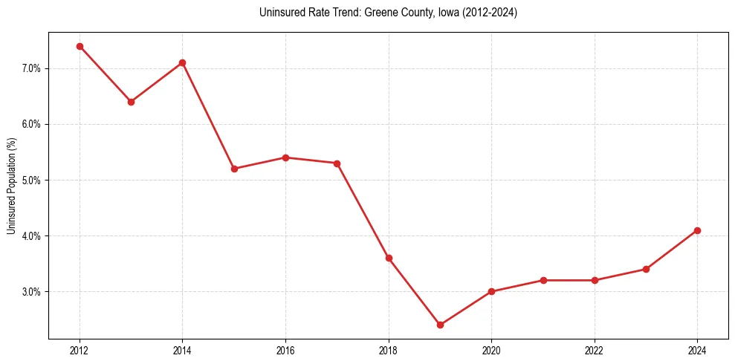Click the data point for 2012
[80, 46]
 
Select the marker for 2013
[131, 102]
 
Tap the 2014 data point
[182, 62]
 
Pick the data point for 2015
[234, 169]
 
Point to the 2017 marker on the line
[337, 163]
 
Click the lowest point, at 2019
[440, 325]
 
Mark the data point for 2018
[389, 258]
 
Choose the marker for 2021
[543, 280]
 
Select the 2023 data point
[646, 269]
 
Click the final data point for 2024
[697, 230]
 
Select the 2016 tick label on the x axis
[285, 350]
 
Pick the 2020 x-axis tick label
[491, 350]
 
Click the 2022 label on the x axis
[595, 350]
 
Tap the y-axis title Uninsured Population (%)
[11, 186]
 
